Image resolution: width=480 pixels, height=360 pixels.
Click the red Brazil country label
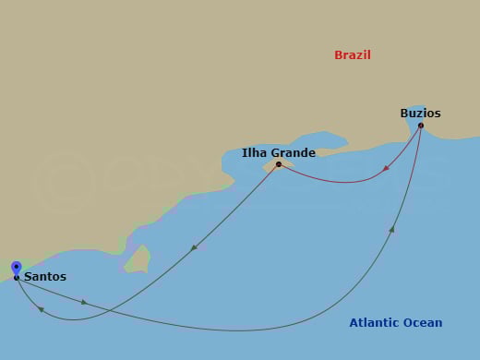coord(352,55)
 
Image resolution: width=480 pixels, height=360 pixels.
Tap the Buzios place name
coord(420,114)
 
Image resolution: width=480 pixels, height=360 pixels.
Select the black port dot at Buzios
coord(420,126)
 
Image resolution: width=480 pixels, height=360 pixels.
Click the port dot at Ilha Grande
coord(278,164)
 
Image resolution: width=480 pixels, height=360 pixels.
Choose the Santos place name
coord(45,276)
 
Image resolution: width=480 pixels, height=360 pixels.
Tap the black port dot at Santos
coord(17,277)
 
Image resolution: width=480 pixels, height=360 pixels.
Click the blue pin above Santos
coord(17,268)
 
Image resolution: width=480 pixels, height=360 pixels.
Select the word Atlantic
coord(373,323)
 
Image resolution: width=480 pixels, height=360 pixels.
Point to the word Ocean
coord(422,323)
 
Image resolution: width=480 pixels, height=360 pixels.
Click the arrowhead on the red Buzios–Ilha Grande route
coord(385,169)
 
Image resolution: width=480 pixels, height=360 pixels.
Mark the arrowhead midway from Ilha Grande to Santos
coord(194,246)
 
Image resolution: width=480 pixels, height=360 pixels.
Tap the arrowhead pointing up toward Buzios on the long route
coord(392,228)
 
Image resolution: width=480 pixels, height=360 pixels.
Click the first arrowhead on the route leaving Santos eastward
coord(84,301)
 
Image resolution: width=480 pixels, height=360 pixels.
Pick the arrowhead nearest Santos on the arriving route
coord(41,309)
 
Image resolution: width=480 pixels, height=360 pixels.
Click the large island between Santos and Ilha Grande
coord(138,259)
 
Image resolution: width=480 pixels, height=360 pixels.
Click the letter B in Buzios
coord(404,114)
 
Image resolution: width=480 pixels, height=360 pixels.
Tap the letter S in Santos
coord(28,276)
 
